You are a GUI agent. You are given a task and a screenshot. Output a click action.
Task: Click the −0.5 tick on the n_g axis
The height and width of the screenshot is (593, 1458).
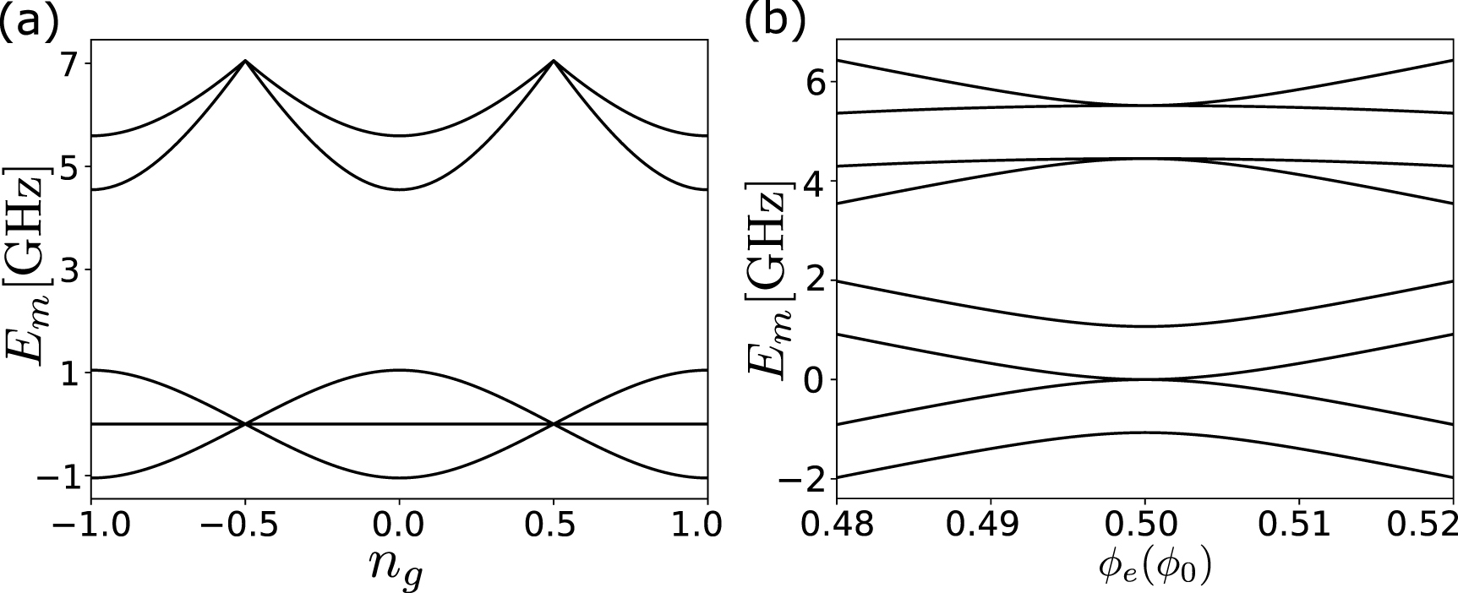(x=245, y=525)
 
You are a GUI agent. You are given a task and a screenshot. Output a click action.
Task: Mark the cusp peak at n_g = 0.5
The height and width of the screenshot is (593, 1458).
(x=554, y=61)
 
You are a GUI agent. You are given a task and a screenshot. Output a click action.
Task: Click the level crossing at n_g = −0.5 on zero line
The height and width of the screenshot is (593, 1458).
(x=245, y=424)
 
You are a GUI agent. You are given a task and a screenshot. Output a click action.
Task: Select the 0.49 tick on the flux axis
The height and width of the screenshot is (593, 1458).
(x=990, y=525)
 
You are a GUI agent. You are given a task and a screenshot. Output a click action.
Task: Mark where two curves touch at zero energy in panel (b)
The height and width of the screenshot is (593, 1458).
(x=1144, y=379)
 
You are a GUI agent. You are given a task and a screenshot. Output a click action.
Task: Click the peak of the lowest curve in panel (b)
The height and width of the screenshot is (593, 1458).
(x=1144, y=433)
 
